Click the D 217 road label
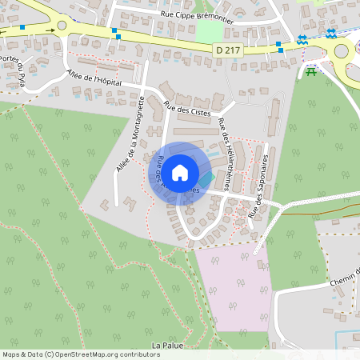228,50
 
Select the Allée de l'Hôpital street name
95,79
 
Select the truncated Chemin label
345,279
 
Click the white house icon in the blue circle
180,172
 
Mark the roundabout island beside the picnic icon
342,51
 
